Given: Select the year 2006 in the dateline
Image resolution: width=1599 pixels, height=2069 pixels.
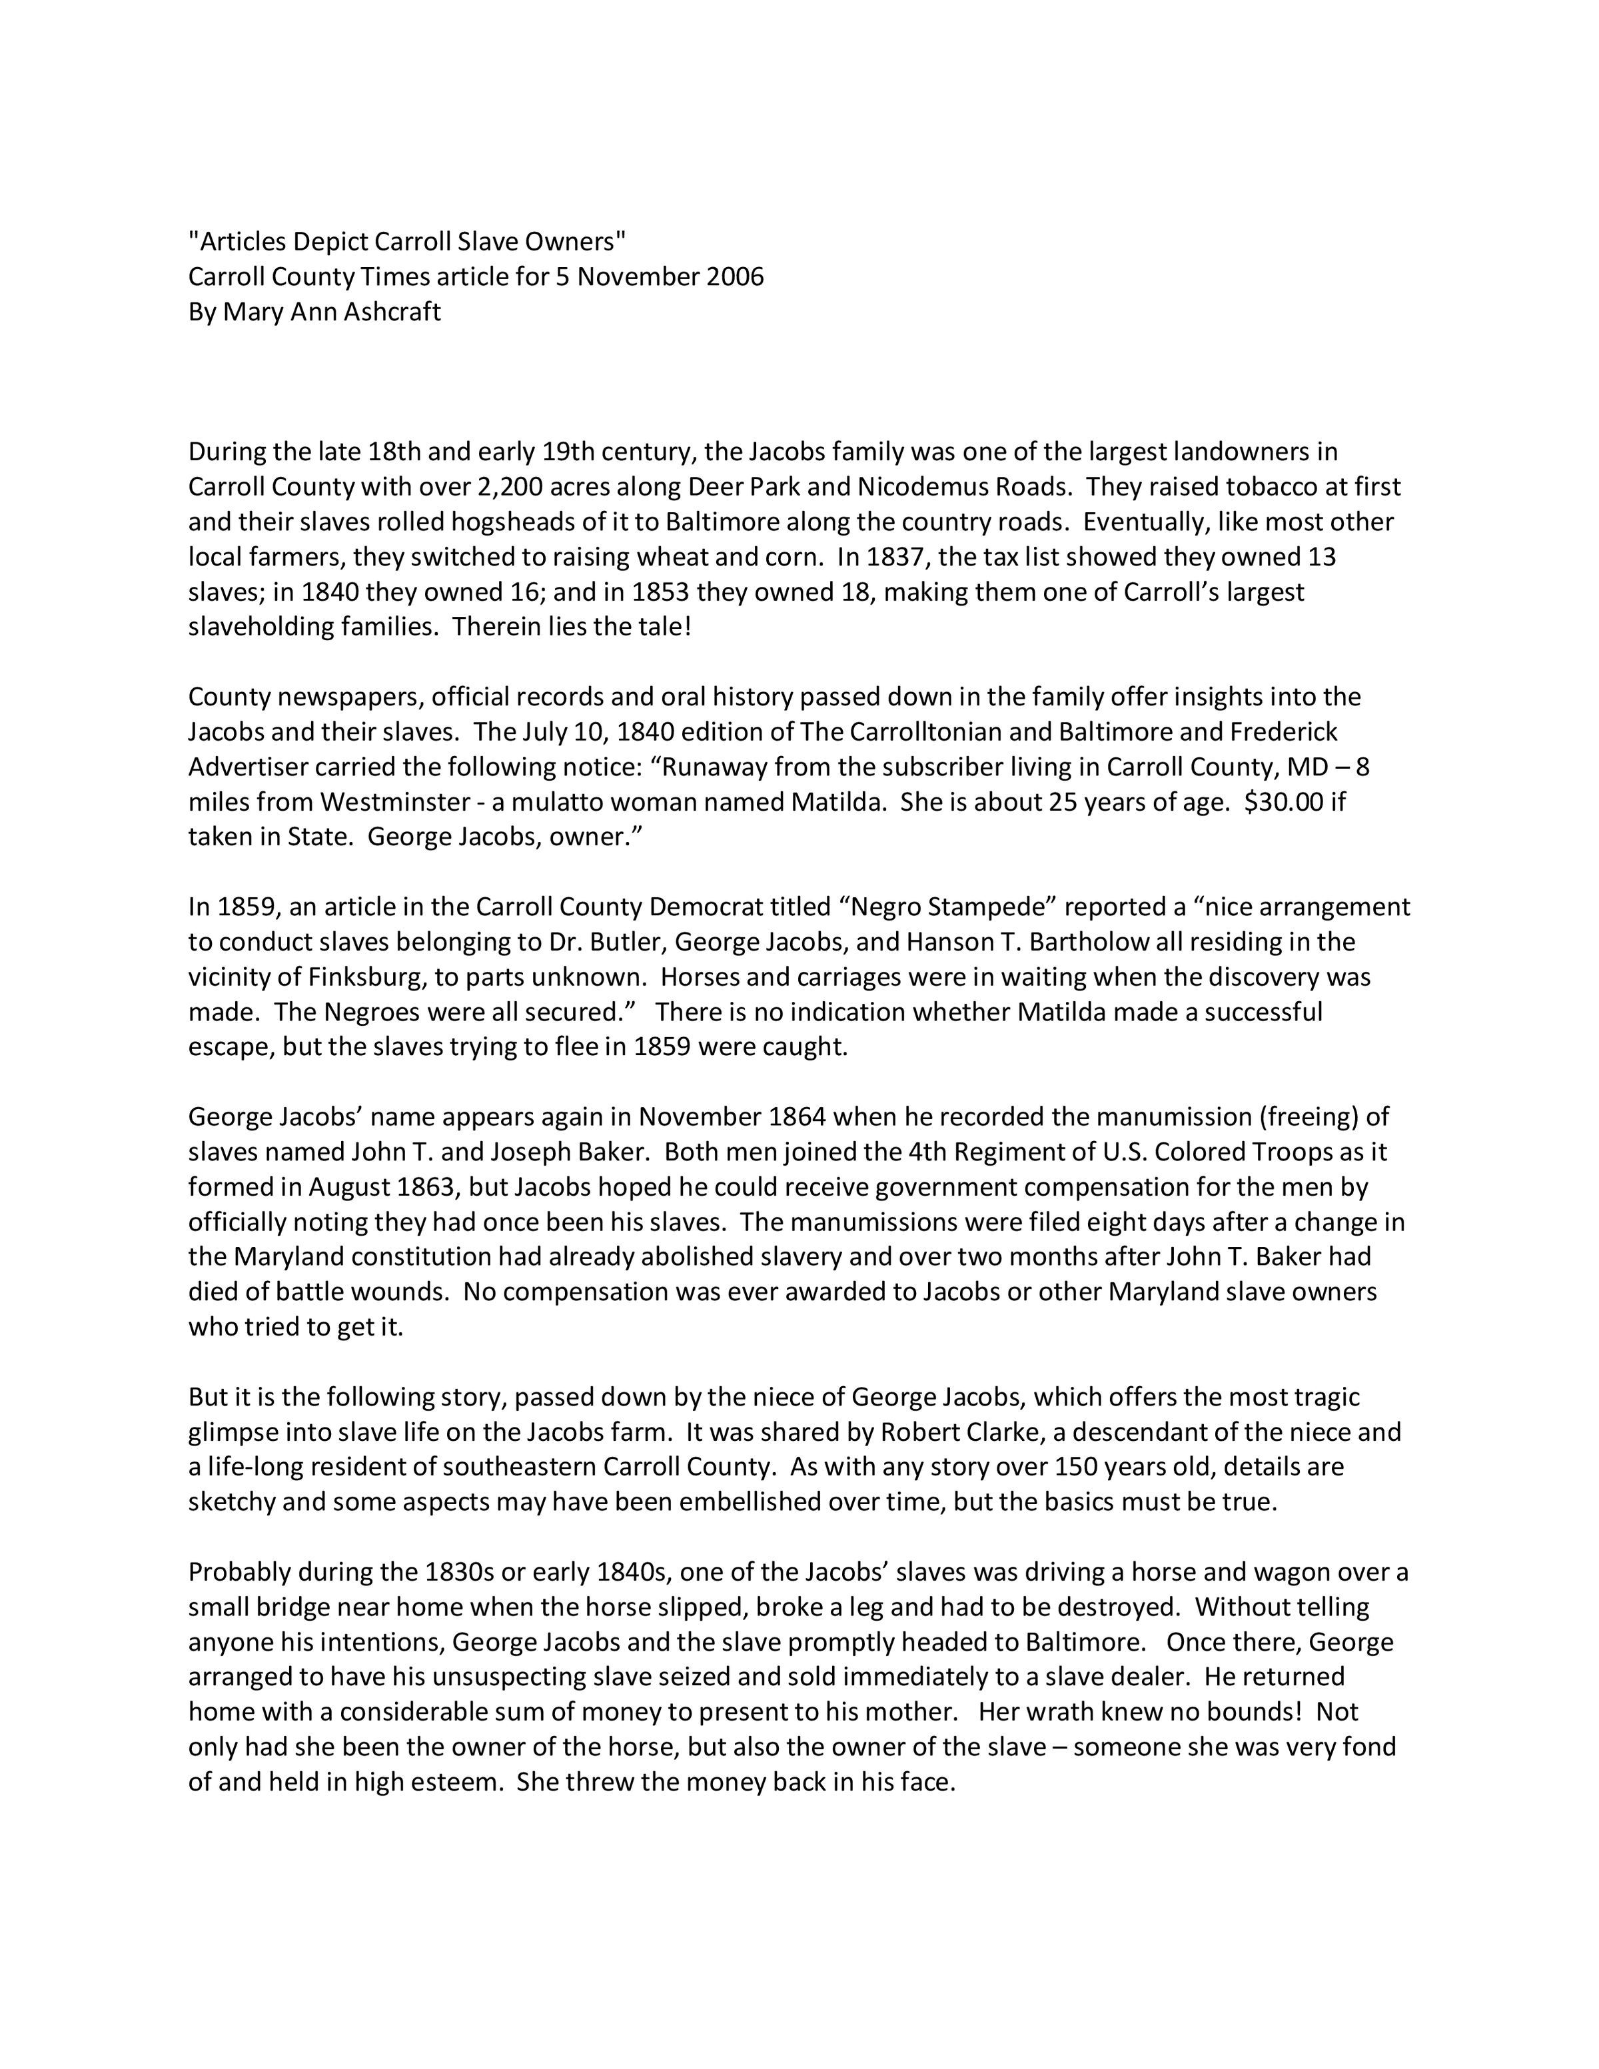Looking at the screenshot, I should [x=735, y=278].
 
